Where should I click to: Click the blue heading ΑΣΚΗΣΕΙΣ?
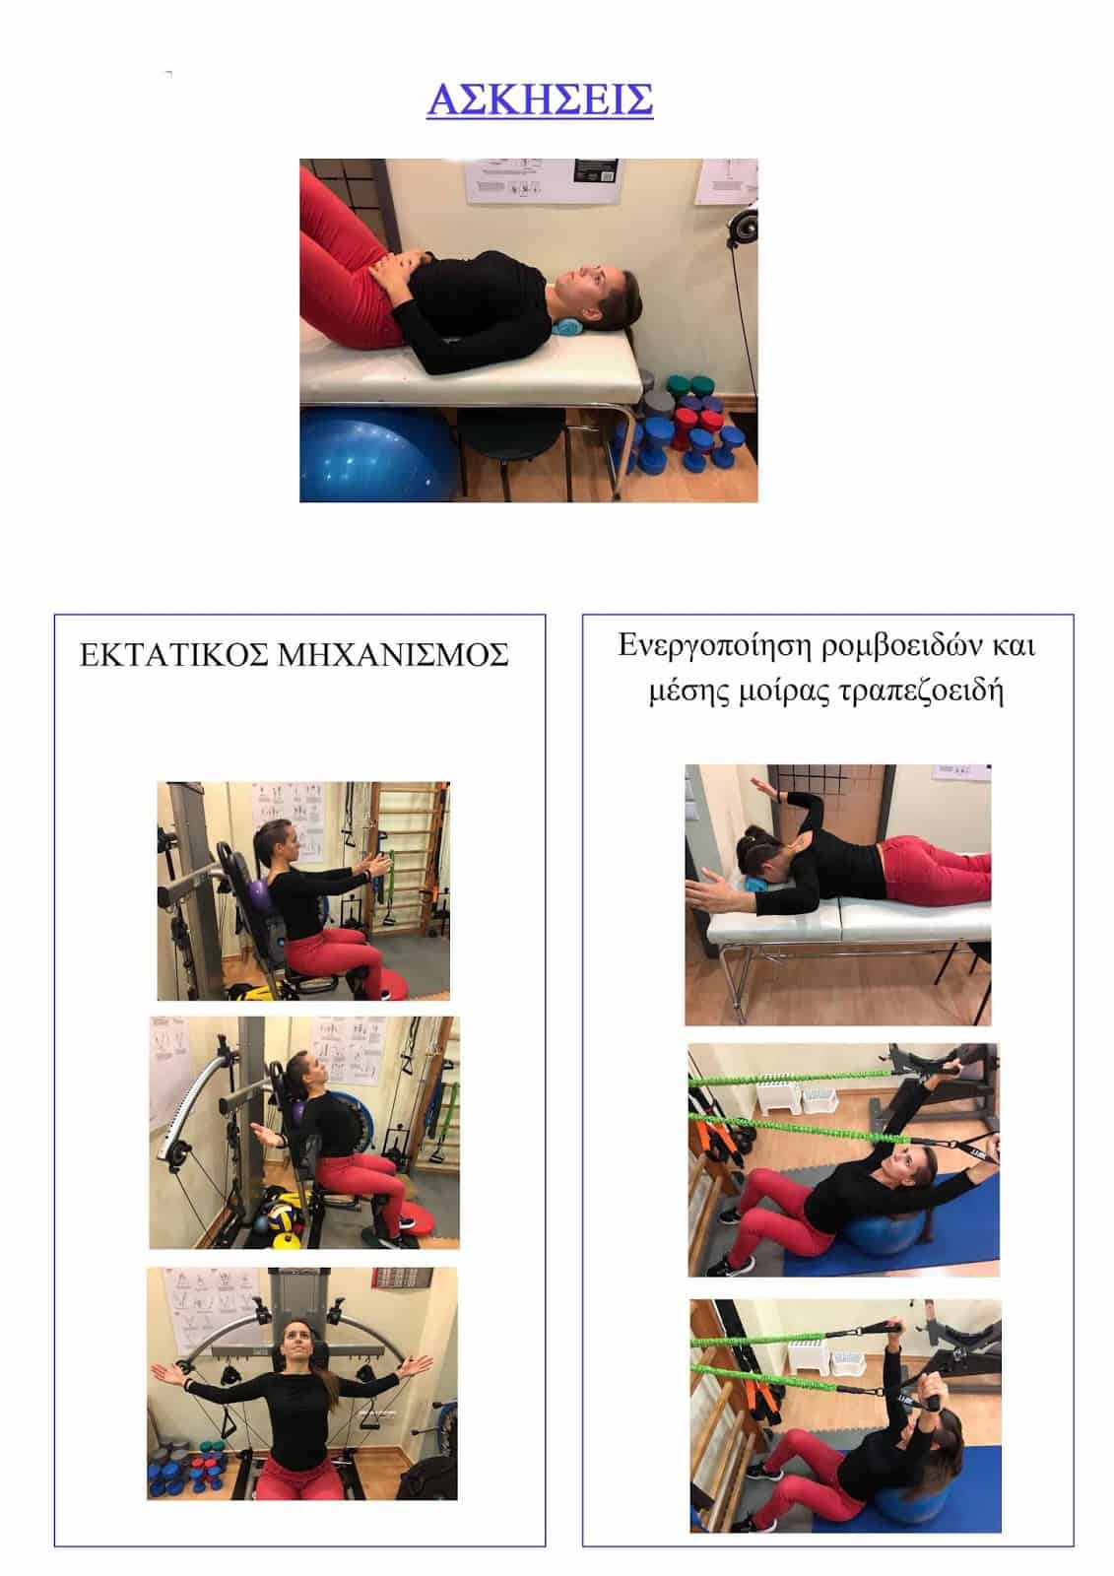[x=540, y=99]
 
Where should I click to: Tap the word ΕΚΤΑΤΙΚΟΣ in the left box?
[x=173, y=655]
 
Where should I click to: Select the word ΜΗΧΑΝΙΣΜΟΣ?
[x=393, y=655]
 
